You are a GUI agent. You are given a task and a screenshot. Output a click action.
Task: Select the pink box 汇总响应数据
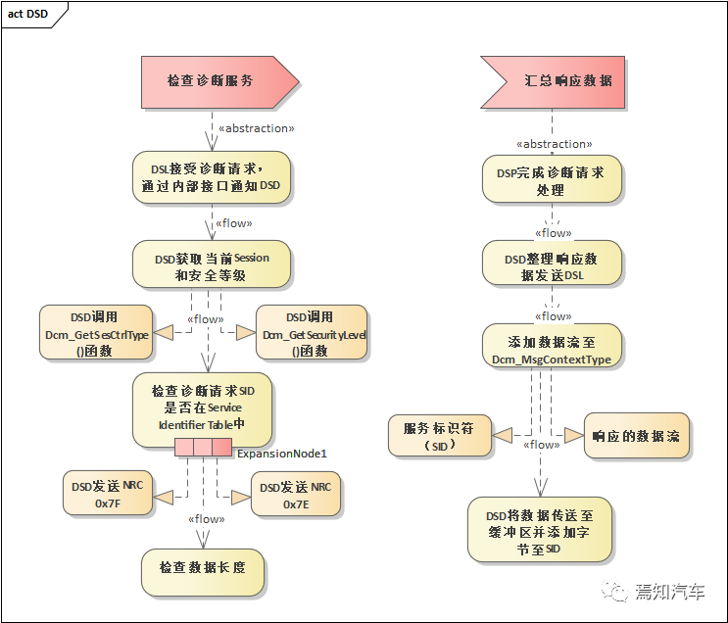554,80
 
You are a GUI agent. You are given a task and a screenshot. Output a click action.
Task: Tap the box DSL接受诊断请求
211,175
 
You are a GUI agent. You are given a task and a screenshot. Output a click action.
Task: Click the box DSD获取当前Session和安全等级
211,266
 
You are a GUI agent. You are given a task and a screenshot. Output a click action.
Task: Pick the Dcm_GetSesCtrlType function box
96,333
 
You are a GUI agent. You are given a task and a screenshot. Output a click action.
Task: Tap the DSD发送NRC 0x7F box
107,494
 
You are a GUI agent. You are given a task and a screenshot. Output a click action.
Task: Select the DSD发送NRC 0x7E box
296,494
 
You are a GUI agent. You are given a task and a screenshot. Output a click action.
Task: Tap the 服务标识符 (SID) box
440,436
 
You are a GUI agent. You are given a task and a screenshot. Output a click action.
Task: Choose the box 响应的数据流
637,436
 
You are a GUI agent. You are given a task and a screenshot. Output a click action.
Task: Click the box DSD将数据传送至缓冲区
539,530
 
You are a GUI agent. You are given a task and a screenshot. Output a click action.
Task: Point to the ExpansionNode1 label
281,454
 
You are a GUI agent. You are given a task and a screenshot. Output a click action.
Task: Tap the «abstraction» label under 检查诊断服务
256,128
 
